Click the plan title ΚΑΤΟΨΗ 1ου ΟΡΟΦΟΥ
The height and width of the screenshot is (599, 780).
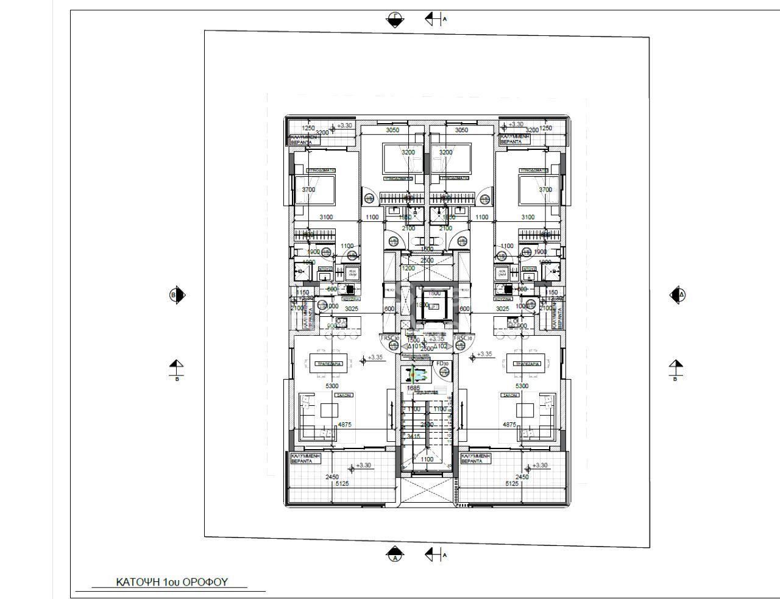[x=171, y=582]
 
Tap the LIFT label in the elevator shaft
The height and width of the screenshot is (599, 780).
[x=433, y=307]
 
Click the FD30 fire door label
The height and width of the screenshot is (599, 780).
[x=441, y=364]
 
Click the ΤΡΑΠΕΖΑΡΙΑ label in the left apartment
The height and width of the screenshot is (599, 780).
[x=328, y=363]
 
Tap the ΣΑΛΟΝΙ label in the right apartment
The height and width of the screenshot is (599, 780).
[x=509, y=395]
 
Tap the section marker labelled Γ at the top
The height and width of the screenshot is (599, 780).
[x=395, y=20]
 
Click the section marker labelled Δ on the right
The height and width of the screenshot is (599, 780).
[x=678, y=296]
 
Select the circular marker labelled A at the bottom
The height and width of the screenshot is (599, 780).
[x=395, y=555]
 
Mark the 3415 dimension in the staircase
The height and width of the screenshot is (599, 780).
[x=414, y=436]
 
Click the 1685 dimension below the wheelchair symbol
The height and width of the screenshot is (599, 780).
[x=414, y=388]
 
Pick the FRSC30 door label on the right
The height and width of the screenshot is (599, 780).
[x=464, y=338]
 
